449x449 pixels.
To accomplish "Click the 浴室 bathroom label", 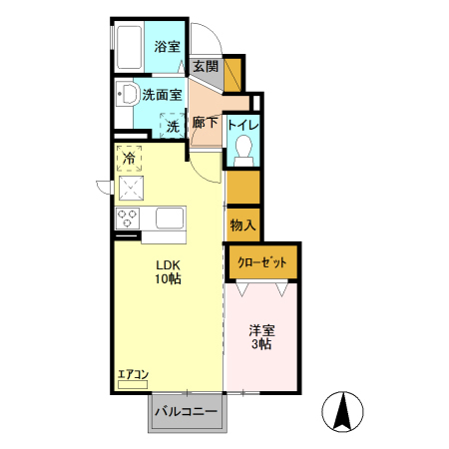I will (x=166, y=47).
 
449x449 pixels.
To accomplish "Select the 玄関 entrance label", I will (x=206, y=67).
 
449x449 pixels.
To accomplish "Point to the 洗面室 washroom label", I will (x=162, y=96).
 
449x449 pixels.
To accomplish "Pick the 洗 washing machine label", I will (x=173, y=127).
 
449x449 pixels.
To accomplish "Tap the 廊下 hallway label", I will (x=206, y=124).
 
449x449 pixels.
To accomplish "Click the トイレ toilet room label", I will (x=243, y=125).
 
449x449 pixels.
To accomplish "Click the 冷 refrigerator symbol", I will (x=130, y=158).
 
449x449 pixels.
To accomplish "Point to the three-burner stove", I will (x=129, y=217).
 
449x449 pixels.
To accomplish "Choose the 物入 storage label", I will (x=243, y=224).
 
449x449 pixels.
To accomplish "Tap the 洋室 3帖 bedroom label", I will (x=261, y=337).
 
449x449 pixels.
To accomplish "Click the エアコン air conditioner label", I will (x=133, y=375).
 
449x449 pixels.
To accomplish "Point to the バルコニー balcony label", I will (x=189, y=411).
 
